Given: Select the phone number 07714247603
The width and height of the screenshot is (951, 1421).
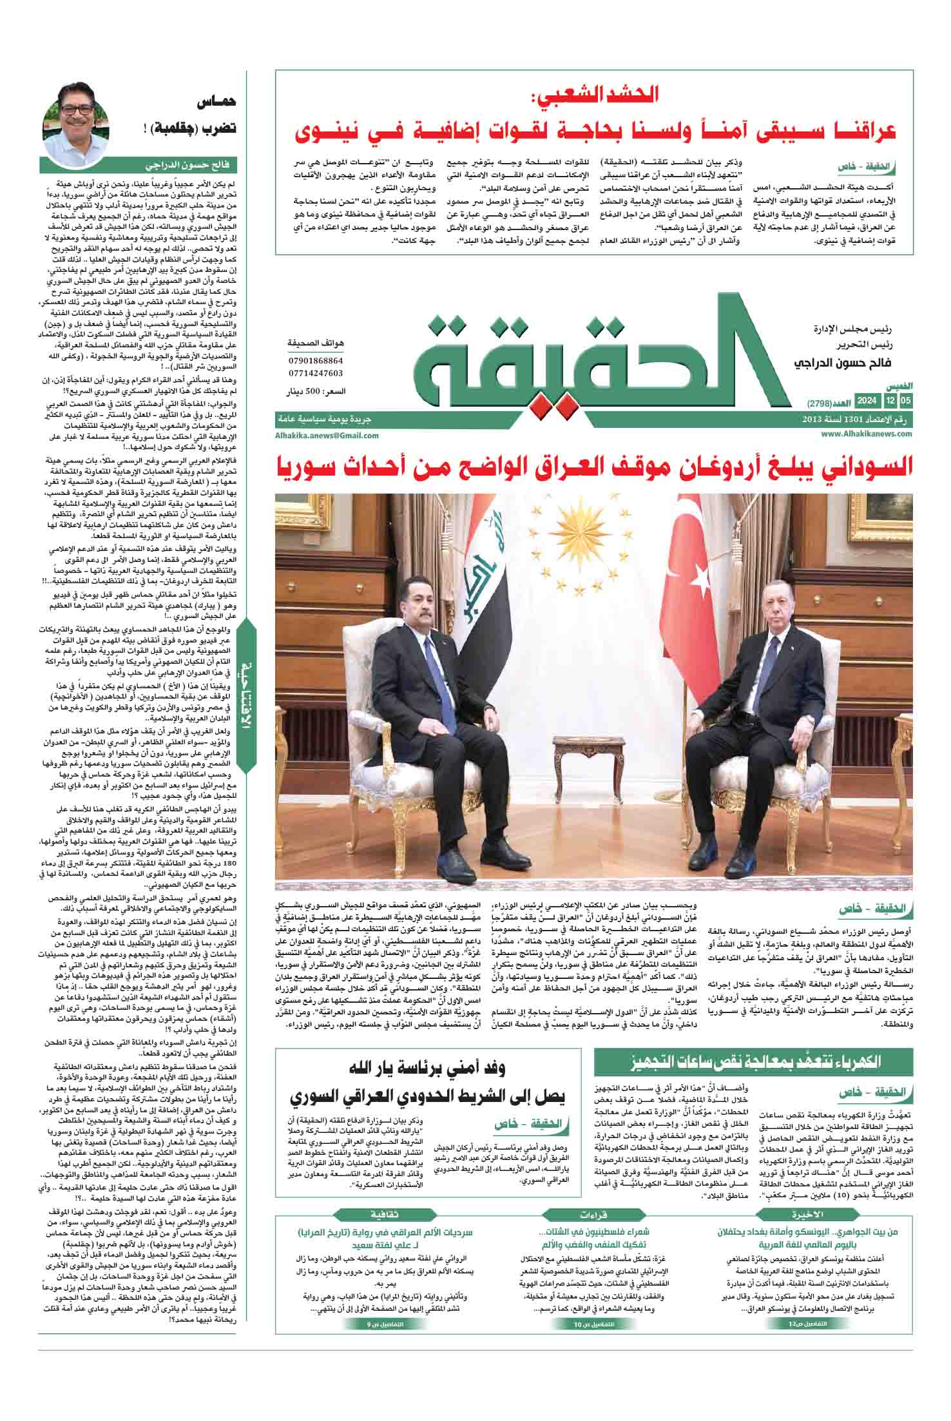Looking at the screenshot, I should pos(316,373).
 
